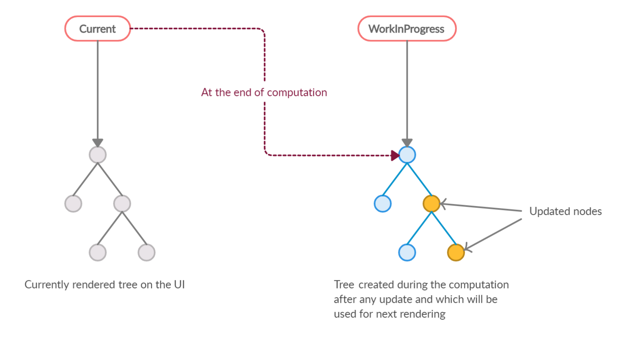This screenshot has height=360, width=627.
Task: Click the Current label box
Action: click(x=98, y=29)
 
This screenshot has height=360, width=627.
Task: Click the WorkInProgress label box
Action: click(x=407, y=29)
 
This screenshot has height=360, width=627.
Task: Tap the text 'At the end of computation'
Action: click(x=264, y=92)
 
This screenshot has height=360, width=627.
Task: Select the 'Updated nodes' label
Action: click(x=565, y=211)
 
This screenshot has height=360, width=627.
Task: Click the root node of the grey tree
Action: click(x=98, y=155)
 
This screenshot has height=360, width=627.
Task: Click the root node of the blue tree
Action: click(x=407, y=155)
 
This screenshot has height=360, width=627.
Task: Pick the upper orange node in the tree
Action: click(x=431, y=203)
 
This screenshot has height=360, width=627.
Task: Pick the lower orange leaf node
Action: click(x=456, y=252)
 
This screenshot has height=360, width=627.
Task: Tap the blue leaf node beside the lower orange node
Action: click(x=407, y=252)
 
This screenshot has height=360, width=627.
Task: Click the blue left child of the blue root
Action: click(x=382, y=203)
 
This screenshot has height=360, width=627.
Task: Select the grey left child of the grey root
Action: click(x=73, y=203)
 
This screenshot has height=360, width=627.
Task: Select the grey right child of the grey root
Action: click(x=122, y=203)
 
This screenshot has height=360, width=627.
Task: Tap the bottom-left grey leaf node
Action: click(x=98, y=252)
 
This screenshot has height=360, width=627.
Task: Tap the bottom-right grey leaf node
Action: click(x=146, y=252)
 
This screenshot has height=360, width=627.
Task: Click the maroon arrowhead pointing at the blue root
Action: click(x=395, y=155)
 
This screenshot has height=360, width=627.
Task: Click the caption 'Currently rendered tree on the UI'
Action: click(x=104, y=284)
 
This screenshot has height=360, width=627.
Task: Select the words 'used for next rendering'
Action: click(x=389, y=314)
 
